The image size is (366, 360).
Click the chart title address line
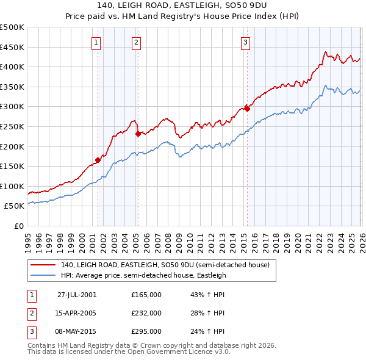click(x=182, y=5)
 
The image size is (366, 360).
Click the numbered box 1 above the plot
click(x=97, y=42)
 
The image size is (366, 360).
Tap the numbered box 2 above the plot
click(x=135, y=42)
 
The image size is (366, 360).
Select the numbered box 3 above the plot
click(x=245, y=42)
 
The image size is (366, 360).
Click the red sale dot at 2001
click(x=98, y=160)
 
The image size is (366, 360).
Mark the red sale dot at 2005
click(x=138, y=134)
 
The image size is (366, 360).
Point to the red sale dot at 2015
click(x=247, y=109)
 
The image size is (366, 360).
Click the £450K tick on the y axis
click(x=12, y=47)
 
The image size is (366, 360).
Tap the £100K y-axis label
click(x=12, y=186)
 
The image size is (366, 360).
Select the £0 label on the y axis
click(x=18, y=226)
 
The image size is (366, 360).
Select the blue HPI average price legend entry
click(x=143, y=275)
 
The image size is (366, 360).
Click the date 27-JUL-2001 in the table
click(x=77, y=295)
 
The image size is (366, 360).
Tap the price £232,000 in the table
click(x=146, y=313)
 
